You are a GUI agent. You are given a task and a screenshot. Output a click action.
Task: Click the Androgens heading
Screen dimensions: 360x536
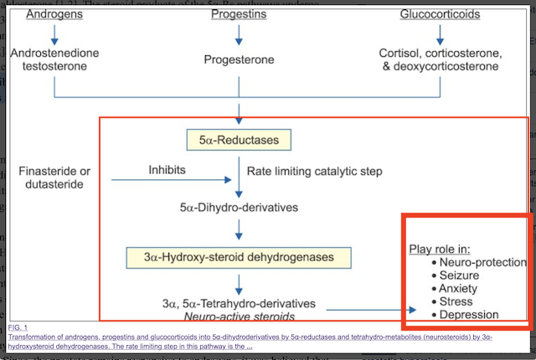[54, 14]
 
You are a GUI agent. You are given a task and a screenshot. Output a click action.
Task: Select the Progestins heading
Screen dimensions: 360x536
[240, 14]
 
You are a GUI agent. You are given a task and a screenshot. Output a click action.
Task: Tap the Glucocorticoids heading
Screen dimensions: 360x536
[441, 14]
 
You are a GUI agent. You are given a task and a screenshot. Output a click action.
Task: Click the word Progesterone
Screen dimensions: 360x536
[240, 59]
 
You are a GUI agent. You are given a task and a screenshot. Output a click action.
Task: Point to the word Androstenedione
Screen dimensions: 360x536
[54, 53]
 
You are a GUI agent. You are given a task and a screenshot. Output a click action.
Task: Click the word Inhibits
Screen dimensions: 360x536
[167, 170]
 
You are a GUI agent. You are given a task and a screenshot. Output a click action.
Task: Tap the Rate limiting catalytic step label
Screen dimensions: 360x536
[314, 171]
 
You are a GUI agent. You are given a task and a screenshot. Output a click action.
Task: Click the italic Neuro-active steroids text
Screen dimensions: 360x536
[240, 316]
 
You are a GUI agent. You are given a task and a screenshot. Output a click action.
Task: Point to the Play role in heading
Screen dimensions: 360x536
[439, 249]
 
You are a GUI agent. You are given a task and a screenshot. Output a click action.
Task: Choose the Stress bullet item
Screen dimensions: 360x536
[457, 301]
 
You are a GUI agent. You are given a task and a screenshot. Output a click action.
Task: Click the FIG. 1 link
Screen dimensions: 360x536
[18, 326]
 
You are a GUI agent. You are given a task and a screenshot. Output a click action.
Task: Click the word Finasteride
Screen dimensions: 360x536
[48, 171]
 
